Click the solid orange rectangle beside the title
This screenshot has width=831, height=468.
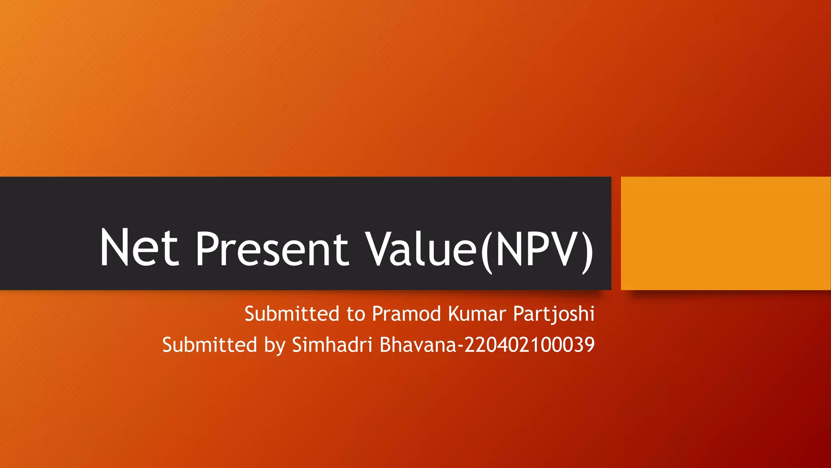(x=726, y=233)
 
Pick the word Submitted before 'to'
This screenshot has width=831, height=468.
(x=292, y=314)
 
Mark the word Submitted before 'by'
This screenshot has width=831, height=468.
(x=210, y=344)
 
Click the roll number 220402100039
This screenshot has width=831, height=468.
(x=530, y=344)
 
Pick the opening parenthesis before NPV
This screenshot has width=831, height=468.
(x=486, y=249)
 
